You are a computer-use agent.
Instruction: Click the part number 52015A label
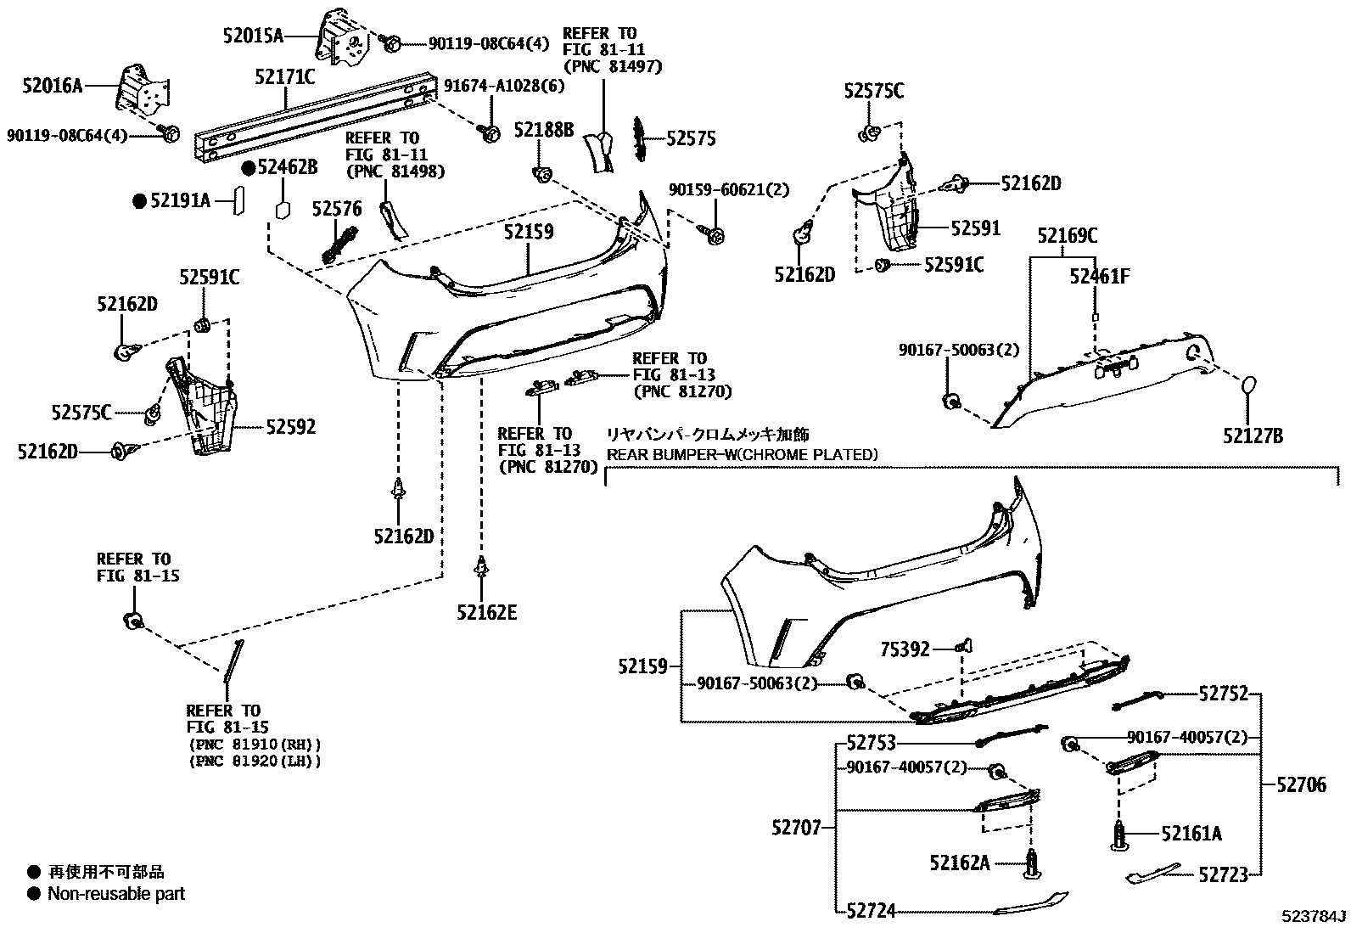coord(253,36)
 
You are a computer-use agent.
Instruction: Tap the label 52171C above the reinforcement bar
coord(284,77)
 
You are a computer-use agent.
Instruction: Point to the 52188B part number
coord(544,130)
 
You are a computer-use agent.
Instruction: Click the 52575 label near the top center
coord(691,138)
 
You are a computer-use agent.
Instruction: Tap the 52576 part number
coord(336,209)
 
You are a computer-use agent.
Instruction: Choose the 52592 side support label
coord(290,427)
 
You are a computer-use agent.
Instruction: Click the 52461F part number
coord(1100,276)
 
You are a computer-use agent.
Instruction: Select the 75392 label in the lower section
coord(905,649)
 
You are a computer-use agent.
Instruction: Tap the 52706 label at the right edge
coord(1301,785)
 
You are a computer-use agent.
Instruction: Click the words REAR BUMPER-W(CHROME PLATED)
coord(742,454)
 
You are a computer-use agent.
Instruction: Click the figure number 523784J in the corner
coord(1314,918)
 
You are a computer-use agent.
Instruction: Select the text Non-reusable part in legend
coord(116,893)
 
